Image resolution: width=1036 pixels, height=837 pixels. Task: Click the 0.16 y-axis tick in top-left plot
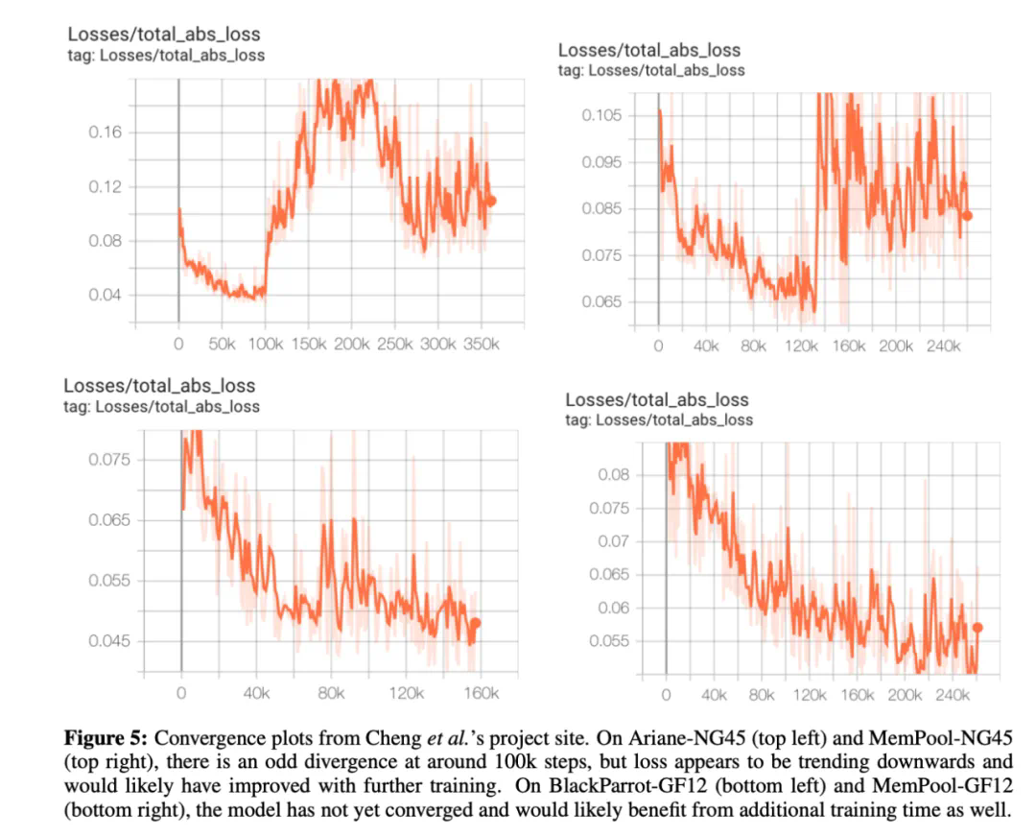[105, 132]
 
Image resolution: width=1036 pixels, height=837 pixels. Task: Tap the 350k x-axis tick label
[482, 343]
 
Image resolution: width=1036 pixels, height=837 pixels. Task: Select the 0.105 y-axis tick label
[602, 115]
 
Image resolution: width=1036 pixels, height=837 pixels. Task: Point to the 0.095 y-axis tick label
[602, 161]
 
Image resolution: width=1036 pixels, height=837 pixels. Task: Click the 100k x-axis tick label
[264, 343]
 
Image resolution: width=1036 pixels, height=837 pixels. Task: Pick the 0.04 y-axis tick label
[105, 294]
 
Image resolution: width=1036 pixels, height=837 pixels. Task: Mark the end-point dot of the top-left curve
[492, 202]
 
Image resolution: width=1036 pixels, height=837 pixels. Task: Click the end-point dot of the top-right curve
[968, 216]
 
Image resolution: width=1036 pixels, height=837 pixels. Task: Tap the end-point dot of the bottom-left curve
[475, 623]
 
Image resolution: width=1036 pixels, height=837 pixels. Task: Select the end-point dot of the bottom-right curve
[977, 627]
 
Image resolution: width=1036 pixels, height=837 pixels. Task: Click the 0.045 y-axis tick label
[108, 641]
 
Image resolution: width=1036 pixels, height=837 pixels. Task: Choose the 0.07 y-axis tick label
[614, 541]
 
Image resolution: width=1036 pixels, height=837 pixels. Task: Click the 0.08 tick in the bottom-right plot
[614, 474]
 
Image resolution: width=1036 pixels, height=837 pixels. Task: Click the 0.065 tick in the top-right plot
[602, 301]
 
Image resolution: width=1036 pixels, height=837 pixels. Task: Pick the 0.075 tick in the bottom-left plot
[108, 459]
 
